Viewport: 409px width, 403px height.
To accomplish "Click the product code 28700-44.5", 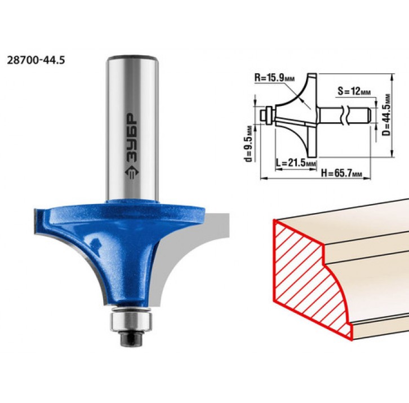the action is [x=35, y=60].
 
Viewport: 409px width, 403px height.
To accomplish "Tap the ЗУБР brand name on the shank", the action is [x=132, y=138].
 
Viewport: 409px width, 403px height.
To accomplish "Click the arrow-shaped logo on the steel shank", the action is [x=132, y=172].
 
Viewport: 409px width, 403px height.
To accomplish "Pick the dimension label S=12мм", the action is [x=354, y=91].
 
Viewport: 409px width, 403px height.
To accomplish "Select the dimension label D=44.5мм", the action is [x=387, y=114].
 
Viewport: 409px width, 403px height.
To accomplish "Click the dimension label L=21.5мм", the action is [x=296, y=163].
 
